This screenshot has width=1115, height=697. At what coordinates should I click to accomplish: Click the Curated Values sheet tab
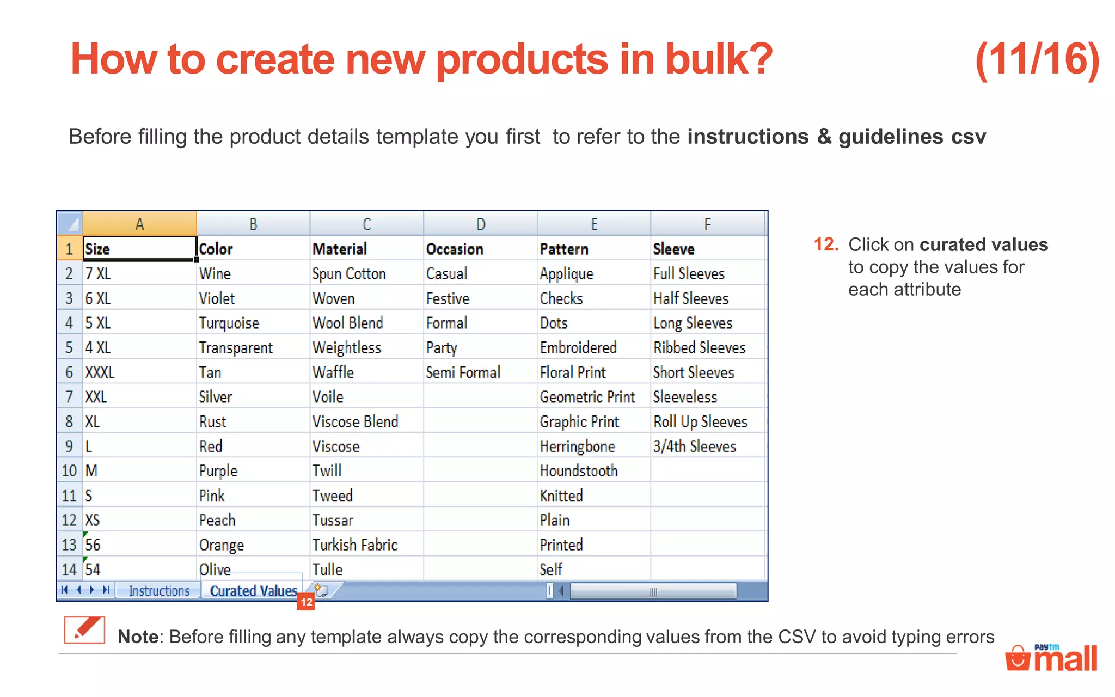[253, 591]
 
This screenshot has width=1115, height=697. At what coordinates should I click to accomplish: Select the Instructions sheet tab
[159, 591]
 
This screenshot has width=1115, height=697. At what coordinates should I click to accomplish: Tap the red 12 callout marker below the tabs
[306, 602]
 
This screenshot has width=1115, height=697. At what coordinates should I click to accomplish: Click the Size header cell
[139, 249]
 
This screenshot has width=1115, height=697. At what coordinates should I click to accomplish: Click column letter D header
[480, 224]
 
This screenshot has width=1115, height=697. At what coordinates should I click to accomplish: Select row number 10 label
[69, 471]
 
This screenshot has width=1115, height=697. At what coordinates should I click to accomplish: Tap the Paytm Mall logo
[1051, 658]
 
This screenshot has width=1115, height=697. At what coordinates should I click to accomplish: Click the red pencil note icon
[84, 631]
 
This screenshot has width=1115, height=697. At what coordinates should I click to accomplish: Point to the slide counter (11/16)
[1037, 60]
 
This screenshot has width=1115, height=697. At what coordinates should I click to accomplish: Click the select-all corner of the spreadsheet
[70, 223]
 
